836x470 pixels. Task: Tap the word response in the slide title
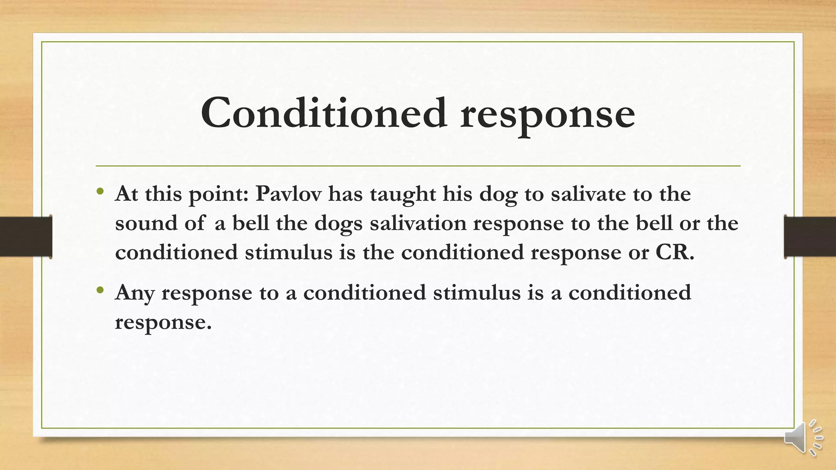click(547, 114)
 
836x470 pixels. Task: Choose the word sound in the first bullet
click(146, 223)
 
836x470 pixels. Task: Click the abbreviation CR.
click(674, 252)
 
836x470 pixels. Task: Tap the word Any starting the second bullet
click(135, 293)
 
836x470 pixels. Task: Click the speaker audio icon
click(803, 437)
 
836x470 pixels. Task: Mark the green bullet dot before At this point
click(100, 191)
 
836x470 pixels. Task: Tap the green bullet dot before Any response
click(100, 290)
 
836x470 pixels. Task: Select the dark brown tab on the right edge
click(810, 237)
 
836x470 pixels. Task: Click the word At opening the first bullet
click(126, 193)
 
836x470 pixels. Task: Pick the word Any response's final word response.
click(163, 322)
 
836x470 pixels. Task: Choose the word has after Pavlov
click(345, 193)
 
